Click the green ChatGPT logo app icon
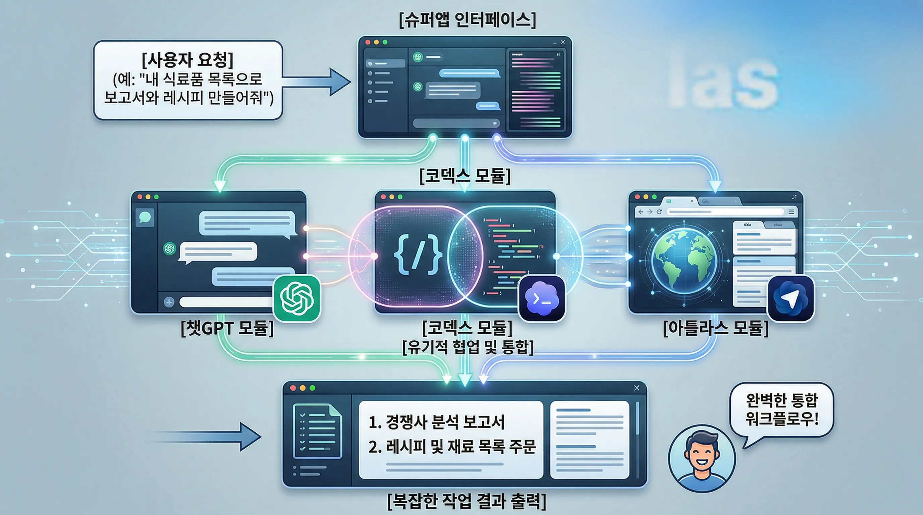point(297,298)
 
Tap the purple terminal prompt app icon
point(542,298)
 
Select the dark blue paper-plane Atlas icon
point(790,298)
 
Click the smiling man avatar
point(702,458)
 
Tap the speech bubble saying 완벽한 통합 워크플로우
point(782,409)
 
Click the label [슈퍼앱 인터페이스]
point(467,20)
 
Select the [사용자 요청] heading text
point(187,59)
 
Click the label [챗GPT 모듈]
point(227,328)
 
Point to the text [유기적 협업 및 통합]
point(468,347)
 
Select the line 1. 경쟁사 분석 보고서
point(436,422)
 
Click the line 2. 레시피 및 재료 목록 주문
point(452,447)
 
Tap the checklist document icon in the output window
point(317,431)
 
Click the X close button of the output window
point(636,388)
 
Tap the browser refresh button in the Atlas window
point(659,212)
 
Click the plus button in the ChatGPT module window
point(169,302)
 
